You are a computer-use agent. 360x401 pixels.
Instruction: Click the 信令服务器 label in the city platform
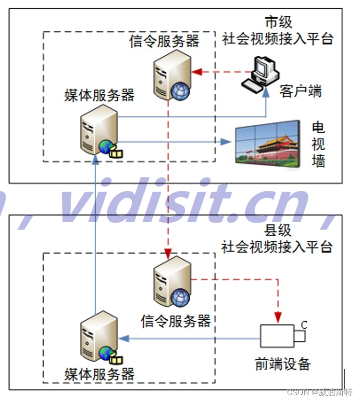(x=164, y=41)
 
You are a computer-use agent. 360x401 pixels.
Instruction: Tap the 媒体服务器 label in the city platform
(x=99, y=95)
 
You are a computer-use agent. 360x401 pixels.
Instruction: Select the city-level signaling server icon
(x=170, y=77)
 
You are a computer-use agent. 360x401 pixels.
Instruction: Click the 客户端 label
(x=300, y=91)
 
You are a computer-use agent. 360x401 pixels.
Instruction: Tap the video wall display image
(x=266, y=142)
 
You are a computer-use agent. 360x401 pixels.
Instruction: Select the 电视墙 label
(x=318, y=144)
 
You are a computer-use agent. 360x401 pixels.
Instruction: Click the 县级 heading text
(x=278, y=230)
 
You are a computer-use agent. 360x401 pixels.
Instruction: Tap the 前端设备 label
(x=283, y=364)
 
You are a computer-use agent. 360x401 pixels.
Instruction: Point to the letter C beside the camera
(x=304, y=325)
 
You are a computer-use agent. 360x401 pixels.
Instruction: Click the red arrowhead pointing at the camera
(x=277, y=317)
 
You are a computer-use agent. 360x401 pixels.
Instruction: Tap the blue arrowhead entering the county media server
(x=124, y=338)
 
